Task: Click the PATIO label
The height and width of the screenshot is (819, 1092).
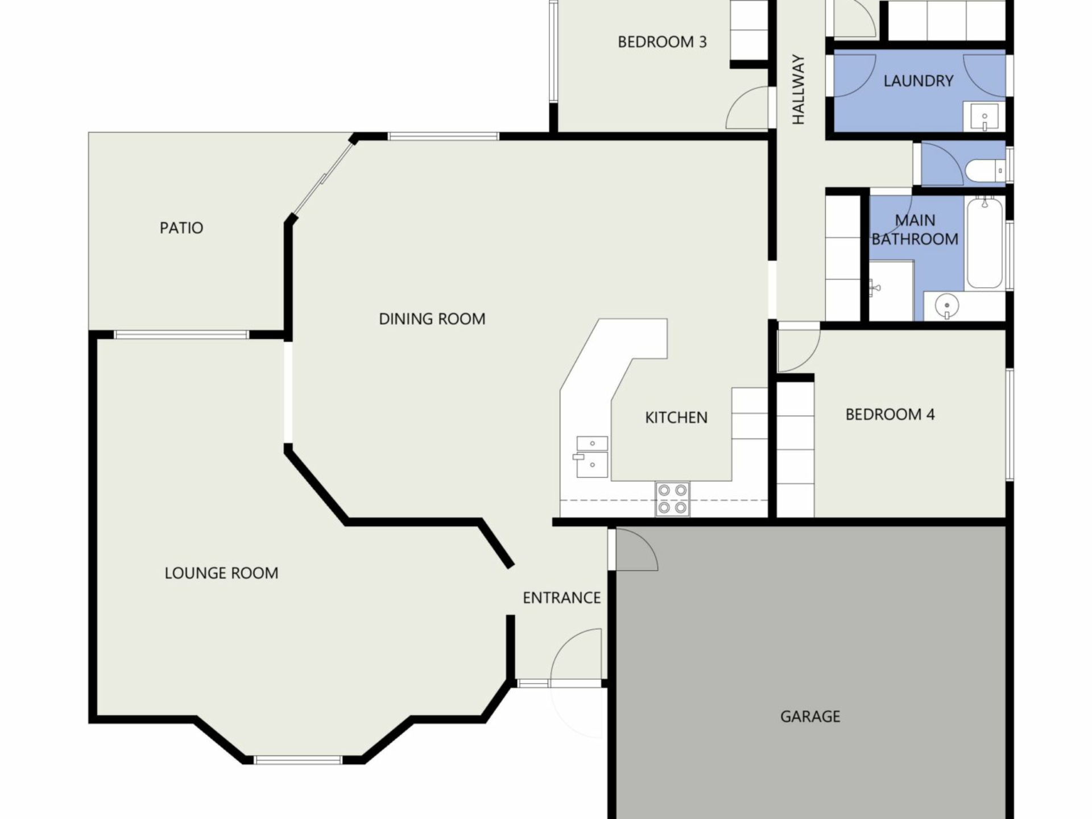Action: [x=181, y=228]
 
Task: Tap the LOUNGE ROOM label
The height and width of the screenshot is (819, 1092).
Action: [x=221, y=573]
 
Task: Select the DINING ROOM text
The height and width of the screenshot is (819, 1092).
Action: [x=432, y=319]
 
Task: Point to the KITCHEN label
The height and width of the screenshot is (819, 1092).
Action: [x=676, y=418]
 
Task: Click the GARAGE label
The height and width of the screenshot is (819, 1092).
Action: [x=810, y=717]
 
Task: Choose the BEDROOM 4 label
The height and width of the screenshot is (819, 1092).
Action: [x=890, y=415]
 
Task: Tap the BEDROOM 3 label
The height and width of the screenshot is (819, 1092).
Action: [x=662, y=42]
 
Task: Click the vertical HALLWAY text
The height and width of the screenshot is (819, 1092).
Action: [x=799, y=89]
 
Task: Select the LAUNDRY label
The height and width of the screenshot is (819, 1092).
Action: [x=919, y=81]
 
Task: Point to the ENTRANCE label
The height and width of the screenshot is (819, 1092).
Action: [x=562, y=598]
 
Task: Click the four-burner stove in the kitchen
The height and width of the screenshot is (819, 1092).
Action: [x=672, y=499]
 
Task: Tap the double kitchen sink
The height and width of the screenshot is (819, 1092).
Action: [x=591, y=457]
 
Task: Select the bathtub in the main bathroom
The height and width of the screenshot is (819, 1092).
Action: [x=985, y=243]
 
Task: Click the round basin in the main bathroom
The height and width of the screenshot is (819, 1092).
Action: [x=947, y=305]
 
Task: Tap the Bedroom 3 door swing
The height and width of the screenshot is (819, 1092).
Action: [x=747, y=107]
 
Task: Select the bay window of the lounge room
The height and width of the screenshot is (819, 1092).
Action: [x=297, y=759]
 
